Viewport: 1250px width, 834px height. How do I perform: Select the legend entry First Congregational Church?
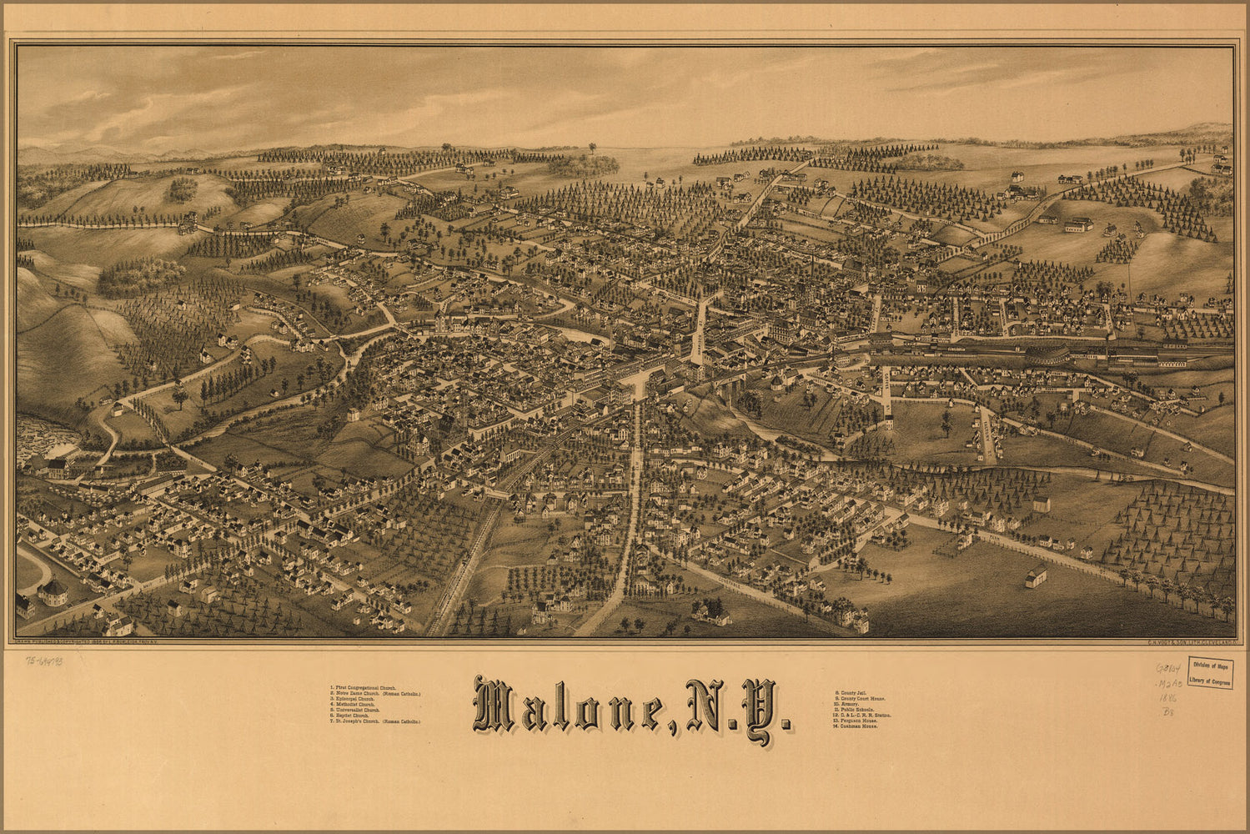pyautogui.click(x=364, y=687)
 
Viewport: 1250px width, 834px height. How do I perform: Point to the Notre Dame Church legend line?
pyautogui.click(x=375, y=694)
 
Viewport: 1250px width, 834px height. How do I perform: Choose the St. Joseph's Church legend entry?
pyautogui.click(x=375, y=721)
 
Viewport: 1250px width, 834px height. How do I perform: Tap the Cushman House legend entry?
pyautogui.click(x=860, y=726)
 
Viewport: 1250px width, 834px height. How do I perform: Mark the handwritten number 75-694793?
pyautogui.click(x=43, y=660)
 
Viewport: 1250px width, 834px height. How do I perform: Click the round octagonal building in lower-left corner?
pyautogui.click(x=53, y=592)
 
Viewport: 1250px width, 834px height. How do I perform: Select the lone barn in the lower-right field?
pyautogui.click(x=1036, y=576)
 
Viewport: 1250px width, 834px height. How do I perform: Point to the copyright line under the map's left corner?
pyautogui.click(x=100, y=642)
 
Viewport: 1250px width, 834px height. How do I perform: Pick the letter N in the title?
pyautogui.click(x=708, y=706)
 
